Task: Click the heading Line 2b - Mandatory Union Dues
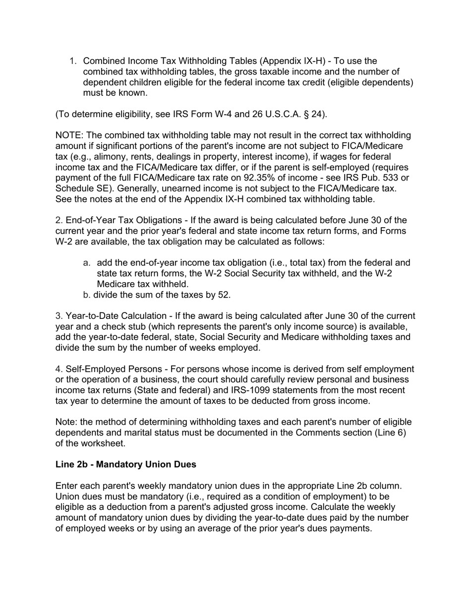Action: (125, 465)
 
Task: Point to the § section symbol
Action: (310, 114)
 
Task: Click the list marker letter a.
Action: (86, 263)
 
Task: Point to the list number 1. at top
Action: (73, 61)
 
